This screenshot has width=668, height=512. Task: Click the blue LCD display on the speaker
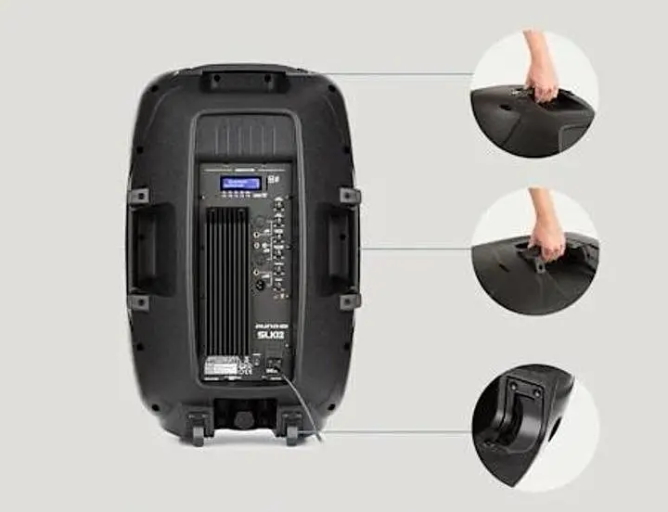coord(239,183)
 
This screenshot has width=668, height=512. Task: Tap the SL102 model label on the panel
coord(269,333)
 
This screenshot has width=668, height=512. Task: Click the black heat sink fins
coord(226,278)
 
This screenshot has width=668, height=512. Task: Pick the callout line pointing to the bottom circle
coord(399,431)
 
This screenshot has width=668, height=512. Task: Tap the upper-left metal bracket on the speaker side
coord(138,196)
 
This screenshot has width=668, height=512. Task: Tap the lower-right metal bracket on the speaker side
coord(349,301)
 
